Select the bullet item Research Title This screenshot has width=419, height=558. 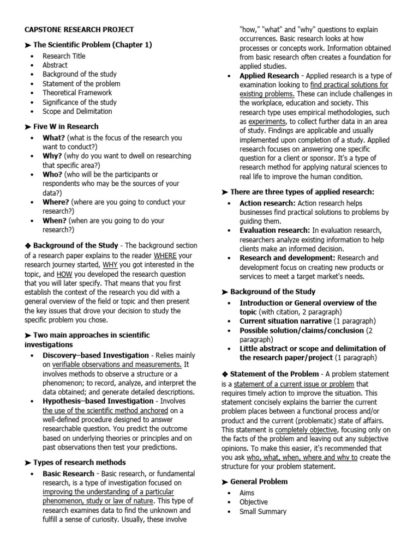point(64,56)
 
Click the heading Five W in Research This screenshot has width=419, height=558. point(65,126)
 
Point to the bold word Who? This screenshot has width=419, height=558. point(52,174)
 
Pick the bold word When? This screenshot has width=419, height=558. point(54,221)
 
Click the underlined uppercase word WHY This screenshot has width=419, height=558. point(110,265)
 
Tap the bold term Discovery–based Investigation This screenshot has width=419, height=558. point(95,355)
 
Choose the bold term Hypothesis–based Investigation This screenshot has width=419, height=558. point(98,401)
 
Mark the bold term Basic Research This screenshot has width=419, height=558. point(68,474)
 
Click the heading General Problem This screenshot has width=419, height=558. point(259,482)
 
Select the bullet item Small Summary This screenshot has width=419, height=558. point(262,512)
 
